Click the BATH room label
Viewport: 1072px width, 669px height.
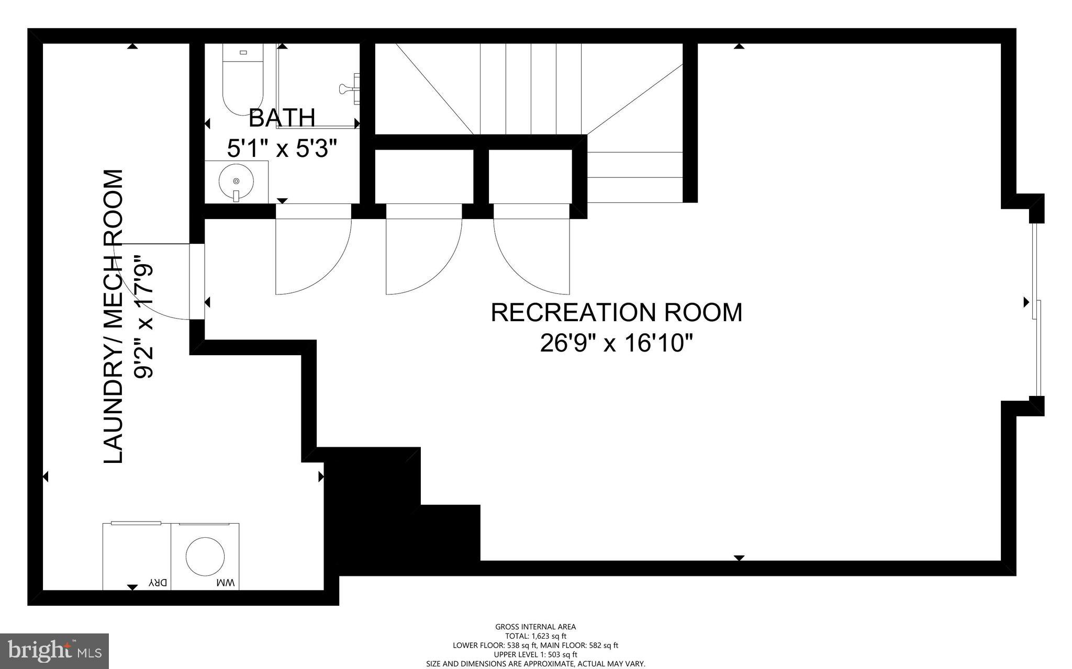point(282,118)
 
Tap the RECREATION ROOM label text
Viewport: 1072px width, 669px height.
point(616,313)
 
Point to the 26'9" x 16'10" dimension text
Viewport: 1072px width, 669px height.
point(616,344)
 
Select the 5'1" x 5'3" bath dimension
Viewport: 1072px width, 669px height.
point(282,149)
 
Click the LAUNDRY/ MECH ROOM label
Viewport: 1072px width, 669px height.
point(114,316)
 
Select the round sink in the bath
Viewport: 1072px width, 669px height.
point(236,182)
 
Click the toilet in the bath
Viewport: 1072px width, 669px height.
point(242,78)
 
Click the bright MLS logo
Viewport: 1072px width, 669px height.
point(54,651)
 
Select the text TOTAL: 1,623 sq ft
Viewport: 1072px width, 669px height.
point(535,636)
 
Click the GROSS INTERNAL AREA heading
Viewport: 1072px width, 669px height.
point(535,627)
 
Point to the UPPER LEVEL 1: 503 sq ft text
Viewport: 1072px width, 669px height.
point(535,654)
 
